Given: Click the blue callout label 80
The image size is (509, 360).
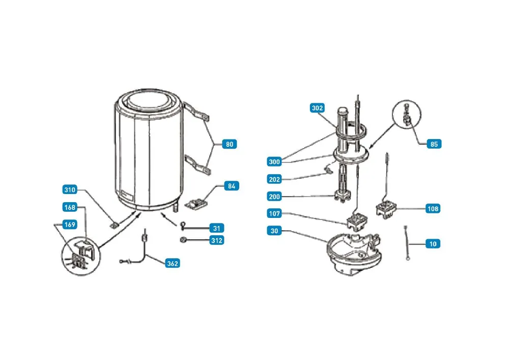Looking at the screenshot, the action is (x=230, y=144).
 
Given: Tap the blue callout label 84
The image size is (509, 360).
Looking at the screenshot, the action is (x=232, y=186).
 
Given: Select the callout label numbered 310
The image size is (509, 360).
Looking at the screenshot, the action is (x=70, y=190).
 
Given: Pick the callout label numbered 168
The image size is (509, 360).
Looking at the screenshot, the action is (x=70, y=207).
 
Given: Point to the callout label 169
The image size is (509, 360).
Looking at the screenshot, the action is (x=70, y=225).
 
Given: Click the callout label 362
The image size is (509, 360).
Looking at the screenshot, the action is (x=173, y=263).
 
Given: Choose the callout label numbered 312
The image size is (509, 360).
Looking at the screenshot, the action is (x=216, y=240).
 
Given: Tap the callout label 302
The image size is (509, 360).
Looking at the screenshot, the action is (x=317, y=108).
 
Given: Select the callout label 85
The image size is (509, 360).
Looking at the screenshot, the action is (x=434, y=144).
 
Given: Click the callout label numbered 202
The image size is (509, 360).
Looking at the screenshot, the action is (x=274, y=179).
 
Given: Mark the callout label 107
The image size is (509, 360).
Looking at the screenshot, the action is (x=274, y=213).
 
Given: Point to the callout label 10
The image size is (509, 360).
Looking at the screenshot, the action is (x=433, y=244).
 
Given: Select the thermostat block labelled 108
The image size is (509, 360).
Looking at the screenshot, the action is (x=386, y=209).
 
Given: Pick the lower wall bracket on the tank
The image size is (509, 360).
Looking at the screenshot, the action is (x=197, y=164).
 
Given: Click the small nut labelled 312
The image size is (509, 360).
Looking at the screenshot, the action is (x=183, y=240).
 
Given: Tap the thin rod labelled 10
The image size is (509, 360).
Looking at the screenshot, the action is (x=406, y=243).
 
